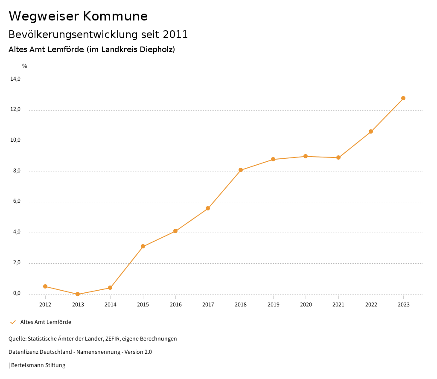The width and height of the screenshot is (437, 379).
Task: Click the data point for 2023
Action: pos(403,98)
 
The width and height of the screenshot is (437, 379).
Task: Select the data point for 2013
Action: pos(78,294)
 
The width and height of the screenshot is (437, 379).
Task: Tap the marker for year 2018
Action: pos(241,170)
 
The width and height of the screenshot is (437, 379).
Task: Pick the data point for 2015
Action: pos(143,246)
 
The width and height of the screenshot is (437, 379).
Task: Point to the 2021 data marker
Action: pos(338,157)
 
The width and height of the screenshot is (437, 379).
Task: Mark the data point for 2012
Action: pos(45,286)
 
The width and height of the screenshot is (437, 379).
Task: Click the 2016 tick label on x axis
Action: pos(175,305)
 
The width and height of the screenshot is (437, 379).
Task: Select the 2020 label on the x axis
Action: pos(306,305)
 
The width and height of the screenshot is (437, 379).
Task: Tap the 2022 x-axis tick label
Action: pos(371,305)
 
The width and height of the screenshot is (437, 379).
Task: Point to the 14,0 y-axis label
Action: pos(15,79)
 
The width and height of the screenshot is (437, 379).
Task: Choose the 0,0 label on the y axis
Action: pos(17,293)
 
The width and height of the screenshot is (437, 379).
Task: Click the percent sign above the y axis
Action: pos(25,66)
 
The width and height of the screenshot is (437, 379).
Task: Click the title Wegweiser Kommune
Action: pos(78,16)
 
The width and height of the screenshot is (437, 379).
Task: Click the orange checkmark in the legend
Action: pos(13,322)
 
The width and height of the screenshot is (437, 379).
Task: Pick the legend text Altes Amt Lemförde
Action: pos(46,322)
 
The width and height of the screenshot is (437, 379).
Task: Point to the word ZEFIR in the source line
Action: pos(112,339)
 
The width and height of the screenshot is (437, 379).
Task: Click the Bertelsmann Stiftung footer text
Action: pos(38,365)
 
